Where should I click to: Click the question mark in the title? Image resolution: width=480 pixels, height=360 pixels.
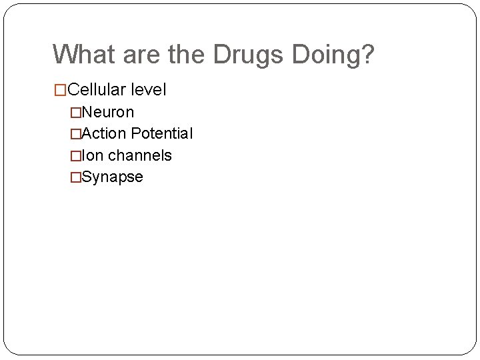tap(368, 55)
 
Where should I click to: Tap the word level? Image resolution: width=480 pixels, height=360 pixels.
tap(149, 89)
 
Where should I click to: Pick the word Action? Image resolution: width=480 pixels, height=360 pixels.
tap(103, 133)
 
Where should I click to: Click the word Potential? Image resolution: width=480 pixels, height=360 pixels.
tap(162, 133)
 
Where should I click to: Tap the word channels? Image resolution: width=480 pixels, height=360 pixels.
tap(140, 155)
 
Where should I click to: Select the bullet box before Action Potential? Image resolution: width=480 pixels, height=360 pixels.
tap(75, 134)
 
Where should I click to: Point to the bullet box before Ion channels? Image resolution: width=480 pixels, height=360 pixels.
tap(75, 156)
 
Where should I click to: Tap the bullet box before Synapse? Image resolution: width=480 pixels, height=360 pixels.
tap(75, 177)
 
